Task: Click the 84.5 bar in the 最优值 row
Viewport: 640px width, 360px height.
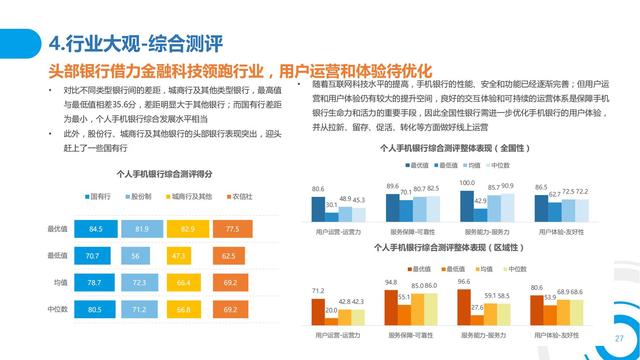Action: point(97,229)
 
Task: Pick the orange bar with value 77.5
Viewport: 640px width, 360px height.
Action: point(232,229)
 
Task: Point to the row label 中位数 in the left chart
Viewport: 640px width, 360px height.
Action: point(57,310)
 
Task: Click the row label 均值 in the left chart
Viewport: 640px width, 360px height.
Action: point(59,283)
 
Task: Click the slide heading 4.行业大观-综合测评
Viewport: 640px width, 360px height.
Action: point(135,43)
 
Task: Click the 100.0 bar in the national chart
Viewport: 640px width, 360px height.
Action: point(465,203)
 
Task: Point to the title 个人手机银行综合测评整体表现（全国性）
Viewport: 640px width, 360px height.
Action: point(455,147)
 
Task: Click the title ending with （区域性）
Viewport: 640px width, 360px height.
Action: point(455,246)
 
